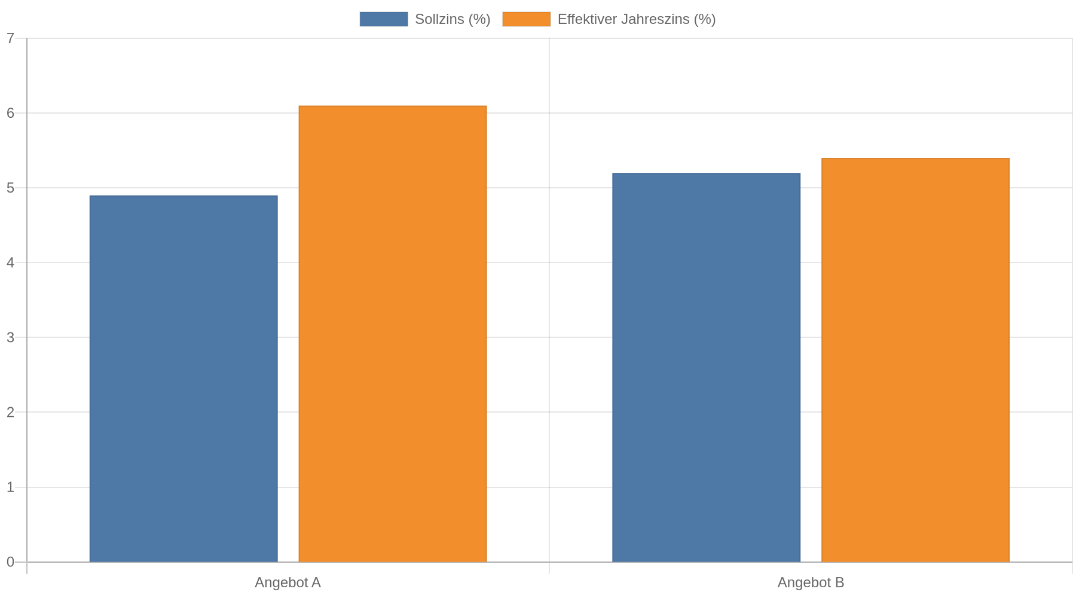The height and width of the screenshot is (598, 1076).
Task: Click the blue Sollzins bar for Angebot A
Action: [x=184, y=379]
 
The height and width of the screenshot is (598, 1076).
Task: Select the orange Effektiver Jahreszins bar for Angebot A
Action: [x=393, y=334]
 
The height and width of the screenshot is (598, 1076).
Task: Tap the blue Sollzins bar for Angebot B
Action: [x=706, y=368]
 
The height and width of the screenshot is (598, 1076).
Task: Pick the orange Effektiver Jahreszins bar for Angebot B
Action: [x=915, y=360]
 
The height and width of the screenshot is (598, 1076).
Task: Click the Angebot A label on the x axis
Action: [x=288, y=582]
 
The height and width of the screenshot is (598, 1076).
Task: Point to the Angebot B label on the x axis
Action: [x=811, y=582]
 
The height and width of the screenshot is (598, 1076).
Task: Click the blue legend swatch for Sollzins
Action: [x=384, y=19]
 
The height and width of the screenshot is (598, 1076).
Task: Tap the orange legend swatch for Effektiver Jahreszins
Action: [x=527, y=19]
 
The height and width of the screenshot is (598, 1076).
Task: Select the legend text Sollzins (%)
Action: [x=453, y=19]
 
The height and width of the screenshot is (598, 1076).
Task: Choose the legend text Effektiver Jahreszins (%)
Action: [x=637, y=19]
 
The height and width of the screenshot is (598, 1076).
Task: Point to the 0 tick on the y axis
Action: [x=10, y=562]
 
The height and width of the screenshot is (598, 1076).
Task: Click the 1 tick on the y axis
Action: [x=10, y=487]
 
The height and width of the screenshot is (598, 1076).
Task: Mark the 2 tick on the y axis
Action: [x=10, y=412]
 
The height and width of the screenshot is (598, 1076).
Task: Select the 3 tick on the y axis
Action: [x=10, y=337]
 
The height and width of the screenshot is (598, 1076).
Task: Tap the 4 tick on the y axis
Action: [x=10, y=263]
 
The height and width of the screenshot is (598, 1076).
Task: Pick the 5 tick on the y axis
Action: [x=10, y=188]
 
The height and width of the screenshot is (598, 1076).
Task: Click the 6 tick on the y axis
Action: [x=10, y=113]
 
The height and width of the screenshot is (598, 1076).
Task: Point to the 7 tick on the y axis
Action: [x=10, y=38]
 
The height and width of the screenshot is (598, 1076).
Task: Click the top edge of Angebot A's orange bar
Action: [x=393, y=106]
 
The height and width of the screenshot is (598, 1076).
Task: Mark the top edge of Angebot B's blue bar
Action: [x=706, y=173]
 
